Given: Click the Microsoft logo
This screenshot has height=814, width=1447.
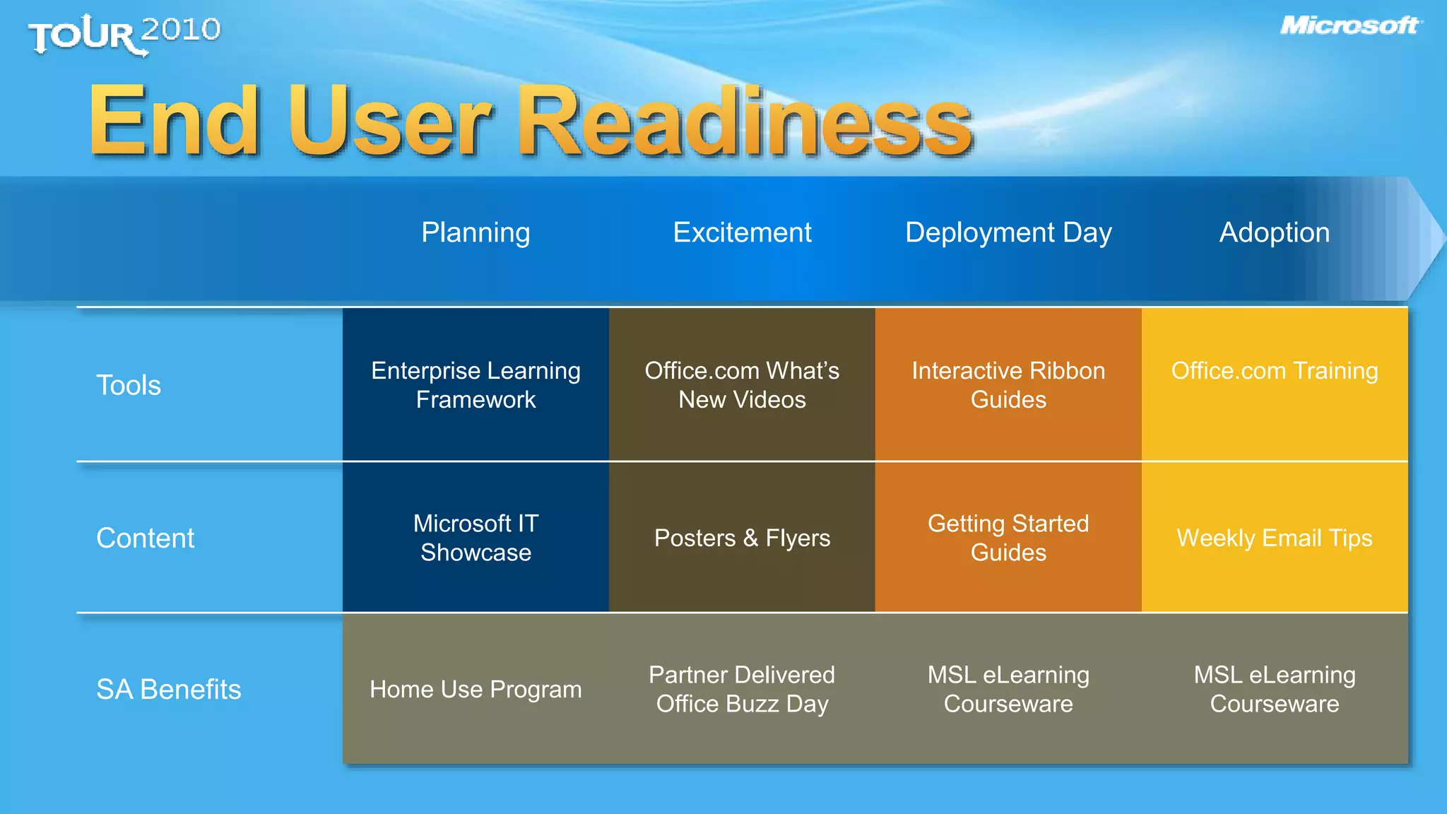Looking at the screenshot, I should [x=1349, y=26].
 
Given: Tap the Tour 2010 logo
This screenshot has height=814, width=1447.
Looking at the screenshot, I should [x=124, y=34].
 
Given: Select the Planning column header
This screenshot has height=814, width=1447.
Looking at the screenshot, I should [x=476, y=232].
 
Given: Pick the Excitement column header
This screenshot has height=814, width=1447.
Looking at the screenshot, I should [x=742, y=232].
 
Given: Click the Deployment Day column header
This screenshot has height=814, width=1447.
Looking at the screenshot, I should [x=1008, y=232].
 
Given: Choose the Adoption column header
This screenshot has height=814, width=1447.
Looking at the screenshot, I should [x=1275, y=232].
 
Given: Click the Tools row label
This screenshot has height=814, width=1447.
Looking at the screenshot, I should [x=129, y=385].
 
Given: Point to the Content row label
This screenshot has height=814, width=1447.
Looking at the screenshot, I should [x=145, y=538].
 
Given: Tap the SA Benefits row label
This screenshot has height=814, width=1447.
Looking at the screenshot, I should [x=168, y=689].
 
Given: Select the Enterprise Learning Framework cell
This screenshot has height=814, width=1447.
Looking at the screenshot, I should [x=476, y=385].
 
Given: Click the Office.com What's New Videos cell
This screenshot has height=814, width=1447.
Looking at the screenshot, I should [x=742, y=385].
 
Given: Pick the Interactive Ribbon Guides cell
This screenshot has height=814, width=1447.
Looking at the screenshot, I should [x=1008, y=385].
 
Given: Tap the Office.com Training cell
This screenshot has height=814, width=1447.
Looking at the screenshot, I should [x=1275, y=371].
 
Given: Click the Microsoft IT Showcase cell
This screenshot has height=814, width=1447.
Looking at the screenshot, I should [x=476, y=538].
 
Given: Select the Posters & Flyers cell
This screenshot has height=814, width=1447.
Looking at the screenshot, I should [x=742, y=538].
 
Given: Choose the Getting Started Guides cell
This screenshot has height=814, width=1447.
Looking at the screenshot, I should [x=1008, y=538].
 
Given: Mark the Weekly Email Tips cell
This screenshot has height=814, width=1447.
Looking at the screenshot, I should [x=1275, y=538].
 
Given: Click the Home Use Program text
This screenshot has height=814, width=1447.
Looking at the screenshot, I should [x=476, y=689].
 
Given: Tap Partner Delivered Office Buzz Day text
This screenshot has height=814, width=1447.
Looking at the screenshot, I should [x=742, y=689].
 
